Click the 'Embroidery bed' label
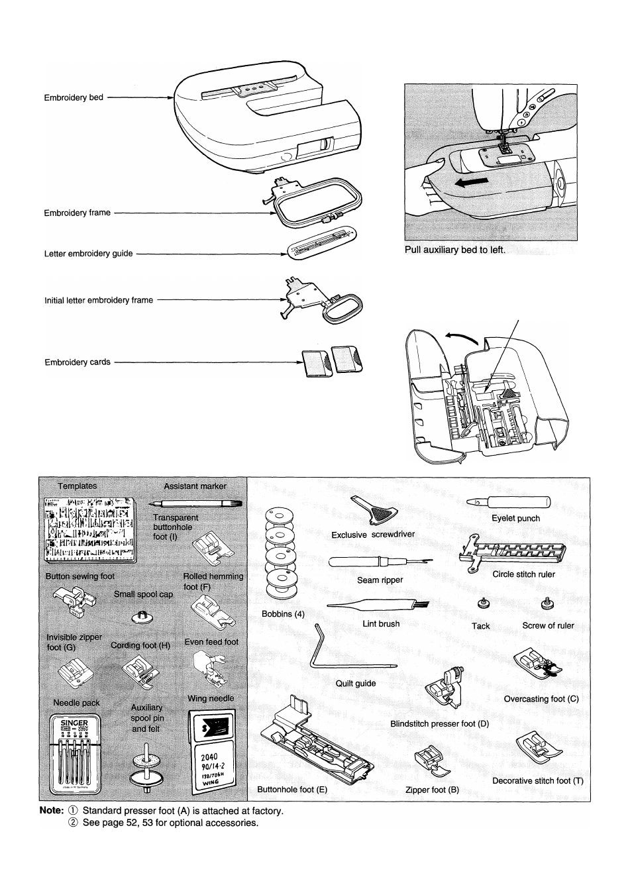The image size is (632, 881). [x=74, y=97]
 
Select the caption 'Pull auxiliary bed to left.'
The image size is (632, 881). [x=455, y=250]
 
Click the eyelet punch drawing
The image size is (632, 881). [x=509, y=504]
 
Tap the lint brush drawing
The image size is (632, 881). [x=378, y=605]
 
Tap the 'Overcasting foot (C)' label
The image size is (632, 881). [x=541, y=699]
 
